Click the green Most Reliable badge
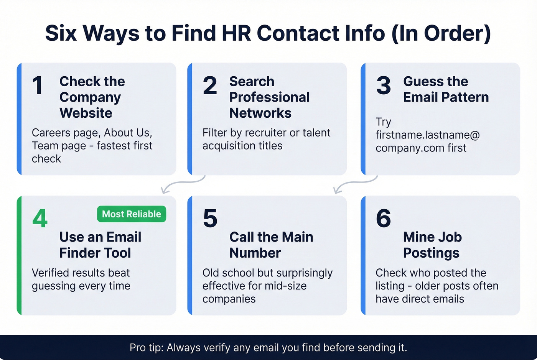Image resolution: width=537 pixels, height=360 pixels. click(132, 214)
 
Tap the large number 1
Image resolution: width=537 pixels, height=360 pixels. click(38, 85)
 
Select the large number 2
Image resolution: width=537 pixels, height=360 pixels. click(210, 85)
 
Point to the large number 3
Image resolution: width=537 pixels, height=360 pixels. click(383, 85)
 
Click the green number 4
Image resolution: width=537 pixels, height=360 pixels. click(40, 218)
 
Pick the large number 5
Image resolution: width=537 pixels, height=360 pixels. click(210, 218)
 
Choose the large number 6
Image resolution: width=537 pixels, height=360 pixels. click(383, 218)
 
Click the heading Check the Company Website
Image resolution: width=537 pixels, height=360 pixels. click(92, 97)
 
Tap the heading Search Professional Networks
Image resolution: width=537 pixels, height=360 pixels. click(269, 97)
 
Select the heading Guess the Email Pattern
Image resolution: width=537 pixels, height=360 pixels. click(446, 89)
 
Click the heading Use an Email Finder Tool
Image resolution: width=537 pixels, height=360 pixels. click(100, 245)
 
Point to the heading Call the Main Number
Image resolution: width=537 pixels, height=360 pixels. click(271, 245)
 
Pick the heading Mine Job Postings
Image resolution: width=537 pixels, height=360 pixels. click(432, 245)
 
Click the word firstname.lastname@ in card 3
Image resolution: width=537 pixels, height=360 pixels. click(427, 135)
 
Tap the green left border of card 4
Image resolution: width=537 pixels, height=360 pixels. click(19, 255)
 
